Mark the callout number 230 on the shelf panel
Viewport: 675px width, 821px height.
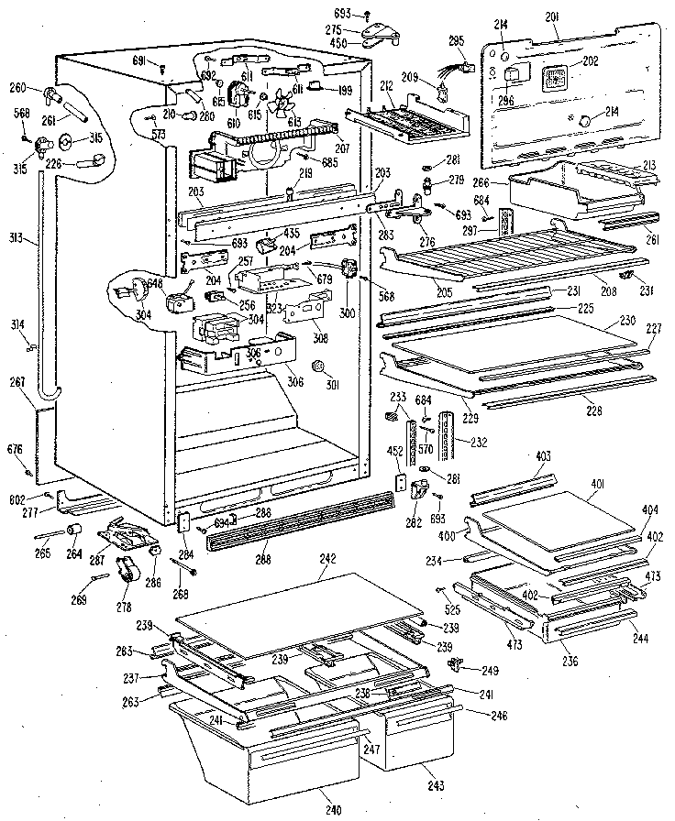(627, 322)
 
